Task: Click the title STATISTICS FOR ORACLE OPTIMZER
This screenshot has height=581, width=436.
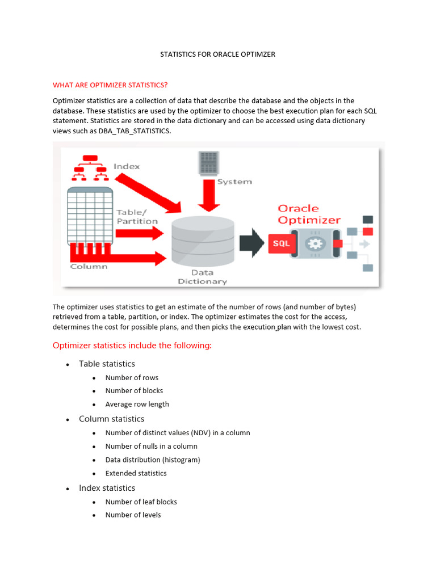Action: pos(218,54)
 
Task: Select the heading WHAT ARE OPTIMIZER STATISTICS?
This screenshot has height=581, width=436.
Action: pos(110,85)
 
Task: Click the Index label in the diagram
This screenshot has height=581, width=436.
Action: pos(127,166)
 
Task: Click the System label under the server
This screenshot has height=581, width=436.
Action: pos(234,182)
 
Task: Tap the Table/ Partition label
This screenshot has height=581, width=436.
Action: pos(137,217)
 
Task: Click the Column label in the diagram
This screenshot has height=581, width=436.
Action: pos(89,267)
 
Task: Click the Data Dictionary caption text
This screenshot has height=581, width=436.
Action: pos(202,277)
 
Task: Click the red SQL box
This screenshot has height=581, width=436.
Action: pos(281,243)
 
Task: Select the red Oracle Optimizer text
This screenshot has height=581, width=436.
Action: pos(309,214)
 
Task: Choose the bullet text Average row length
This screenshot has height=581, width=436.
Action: pos(137,404)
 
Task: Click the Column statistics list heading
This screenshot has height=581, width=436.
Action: pos(111,419)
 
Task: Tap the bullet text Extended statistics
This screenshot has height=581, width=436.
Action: pos(136,473)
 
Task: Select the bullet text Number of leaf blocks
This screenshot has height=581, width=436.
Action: pos(141,502)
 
